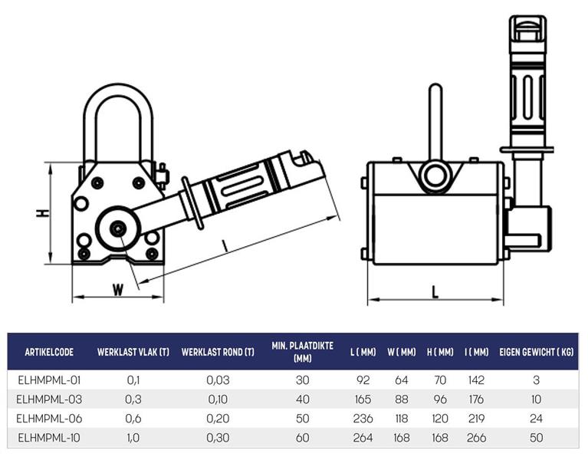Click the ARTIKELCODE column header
click(x=49, y=352)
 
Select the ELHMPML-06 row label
click(x=49, y=419)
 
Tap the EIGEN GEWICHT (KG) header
click(x=536, y=352)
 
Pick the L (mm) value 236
click(x=363, y=419)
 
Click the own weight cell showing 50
click(x=536, y=438)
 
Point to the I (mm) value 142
click(x=476, y=380)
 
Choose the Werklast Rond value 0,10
click(x=218, y=399)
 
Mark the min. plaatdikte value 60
click(x=302, y=438)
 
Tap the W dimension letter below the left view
click(x=118, y=290)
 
